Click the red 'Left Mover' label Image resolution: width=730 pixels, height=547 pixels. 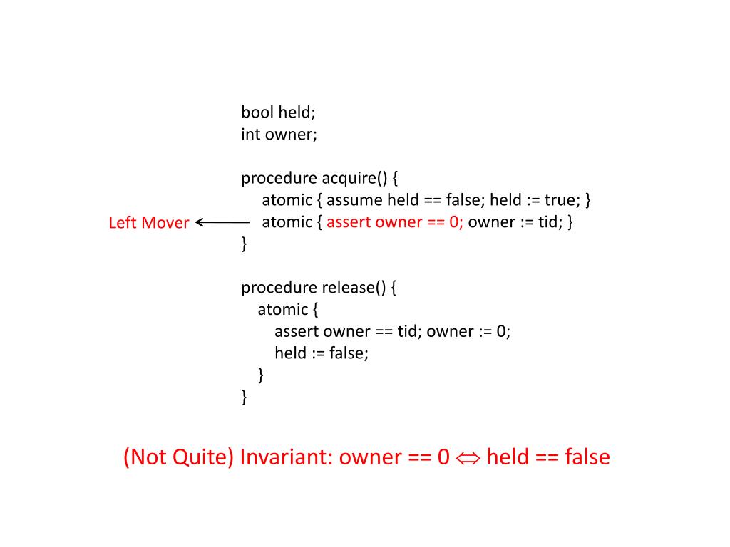[x=148, y=223]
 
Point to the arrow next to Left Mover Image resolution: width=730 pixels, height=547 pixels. [x=222, y=222]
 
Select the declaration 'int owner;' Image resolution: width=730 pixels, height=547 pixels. [x=279, y=135]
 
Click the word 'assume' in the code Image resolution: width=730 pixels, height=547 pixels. [x=354, y=200]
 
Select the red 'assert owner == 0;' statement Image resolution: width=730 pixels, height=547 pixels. [x=395, y=222]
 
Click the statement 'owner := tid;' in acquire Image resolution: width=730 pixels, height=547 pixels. [x=513, y=222]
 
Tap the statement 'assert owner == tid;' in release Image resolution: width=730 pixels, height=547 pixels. [x=348, y=332]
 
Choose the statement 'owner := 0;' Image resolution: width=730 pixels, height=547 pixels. [x=468, y=332]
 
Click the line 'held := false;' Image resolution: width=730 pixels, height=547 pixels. [x=322, y=353]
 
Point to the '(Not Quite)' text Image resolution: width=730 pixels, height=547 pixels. [x=178, y=457]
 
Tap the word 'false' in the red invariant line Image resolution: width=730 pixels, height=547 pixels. [x=587, y=457]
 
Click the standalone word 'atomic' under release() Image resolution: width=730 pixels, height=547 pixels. [x=282, y=310]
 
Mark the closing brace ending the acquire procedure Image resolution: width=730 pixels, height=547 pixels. [x=245, y=244]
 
